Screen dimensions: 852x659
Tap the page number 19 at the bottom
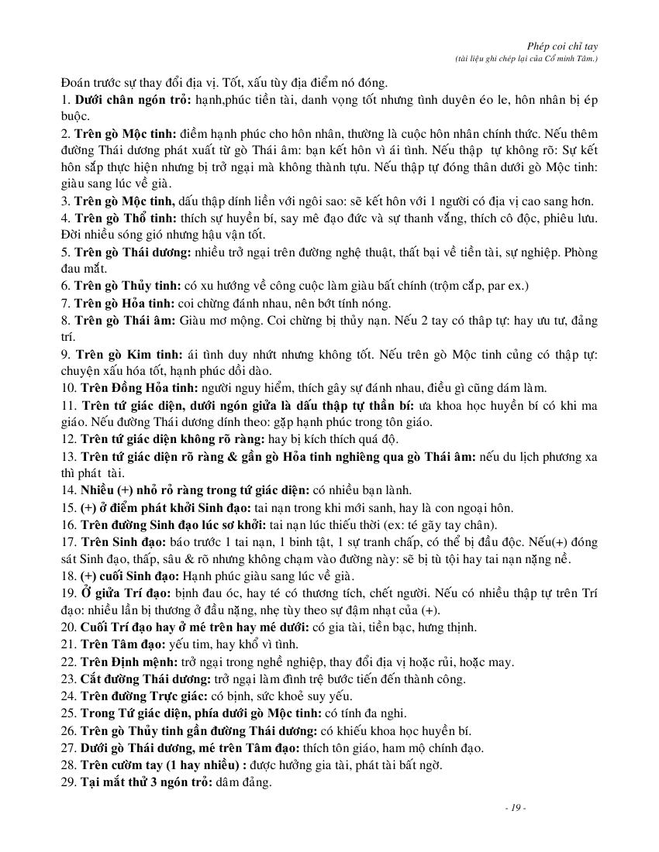tap(515, 808)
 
